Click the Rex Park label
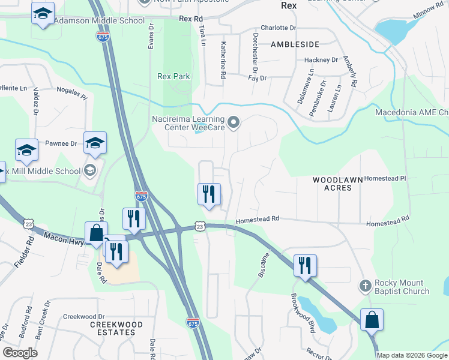[x=173, y=77]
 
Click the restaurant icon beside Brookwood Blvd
[x=305, y=265]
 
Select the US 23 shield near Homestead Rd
[x=200, y=226]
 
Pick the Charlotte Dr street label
[x=278, y=28]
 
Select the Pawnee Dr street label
[x=61, y=144]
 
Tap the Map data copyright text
[x=412, y=355]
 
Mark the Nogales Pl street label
[x=71, y=92]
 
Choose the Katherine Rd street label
[x=223, y=61]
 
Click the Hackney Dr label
[x=321, y=60]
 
